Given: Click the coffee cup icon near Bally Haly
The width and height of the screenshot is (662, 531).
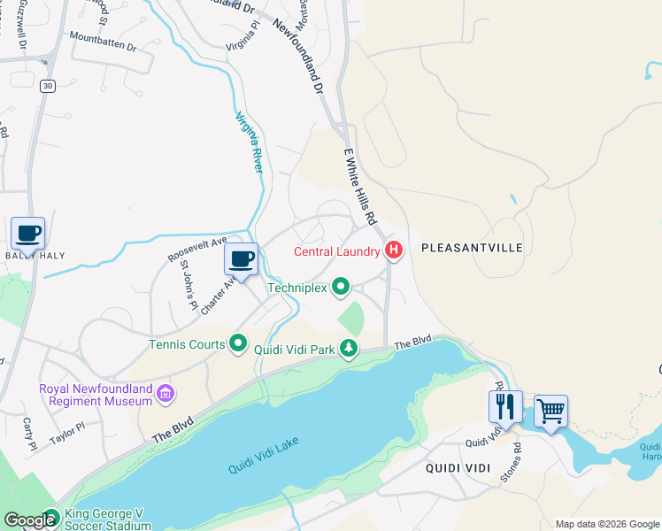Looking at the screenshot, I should (27, 234).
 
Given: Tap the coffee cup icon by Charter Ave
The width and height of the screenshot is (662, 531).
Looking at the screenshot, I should (241, 259).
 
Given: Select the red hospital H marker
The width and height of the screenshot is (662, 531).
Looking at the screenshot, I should (394, 252).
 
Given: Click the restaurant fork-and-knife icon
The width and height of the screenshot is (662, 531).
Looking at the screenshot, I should (505, 406).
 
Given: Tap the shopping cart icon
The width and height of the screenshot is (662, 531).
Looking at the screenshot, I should (550, 411).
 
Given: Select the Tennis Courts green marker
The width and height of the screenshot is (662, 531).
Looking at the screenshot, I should (238, 343).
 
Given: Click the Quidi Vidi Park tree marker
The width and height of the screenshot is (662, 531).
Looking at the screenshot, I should (350, 349).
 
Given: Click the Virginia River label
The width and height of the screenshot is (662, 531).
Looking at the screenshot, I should (249, 142).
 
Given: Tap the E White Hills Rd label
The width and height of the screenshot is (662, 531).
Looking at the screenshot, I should (361, 186).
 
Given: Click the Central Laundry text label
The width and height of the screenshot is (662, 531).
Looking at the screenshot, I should (337, 252).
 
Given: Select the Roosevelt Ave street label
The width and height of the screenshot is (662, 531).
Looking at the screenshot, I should (198, 249).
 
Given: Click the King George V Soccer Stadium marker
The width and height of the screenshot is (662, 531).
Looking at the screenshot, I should (52, 519).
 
